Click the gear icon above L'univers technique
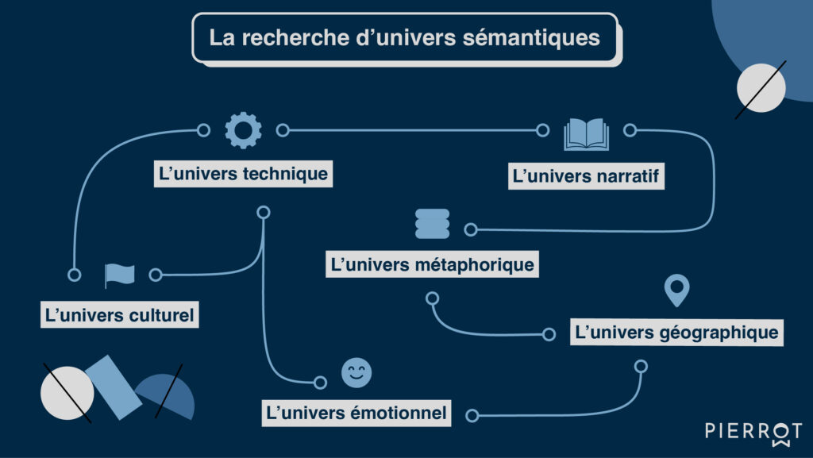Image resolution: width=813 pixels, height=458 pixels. tap(243, 130)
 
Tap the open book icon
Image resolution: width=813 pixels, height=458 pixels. tap(586, 134)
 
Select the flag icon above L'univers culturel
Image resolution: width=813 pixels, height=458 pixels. tap(119, 275)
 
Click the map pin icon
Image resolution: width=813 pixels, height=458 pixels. tap(676, 291)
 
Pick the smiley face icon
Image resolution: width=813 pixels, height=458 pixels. tap(356, 373)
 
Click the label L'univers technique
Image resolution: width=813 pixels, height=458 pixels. tap(243, 174)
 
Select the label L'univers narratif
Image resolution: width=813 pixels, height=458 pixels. tap(587, 175)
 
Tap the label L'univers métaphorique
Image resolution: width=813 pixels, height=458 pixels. tap(432, 264)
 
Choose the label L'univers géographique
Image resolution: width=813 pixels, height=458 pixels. tap(676, 332)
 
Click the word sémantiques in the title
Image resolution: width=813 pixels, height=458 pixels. tap(532, 37)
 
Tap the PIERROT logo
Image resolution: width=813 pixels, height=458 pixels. tap(753, 431)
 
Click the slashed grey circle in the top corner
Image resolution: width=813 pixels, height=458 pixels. tap(761, 87)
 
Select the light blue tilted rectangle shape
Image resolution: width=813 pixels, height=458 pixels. tap(113, 387)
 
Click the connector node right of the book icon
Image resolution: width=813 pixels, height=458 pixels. tap(630, 130)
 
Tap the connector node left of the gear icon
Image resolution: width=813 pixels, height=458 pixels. tap(203, 130)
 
